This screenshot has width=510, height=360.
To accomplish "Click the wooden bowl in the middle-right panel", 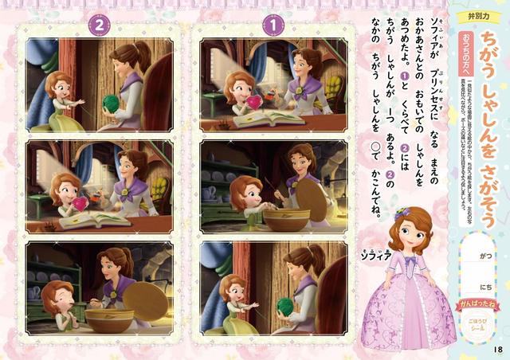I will click(286, 218).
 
